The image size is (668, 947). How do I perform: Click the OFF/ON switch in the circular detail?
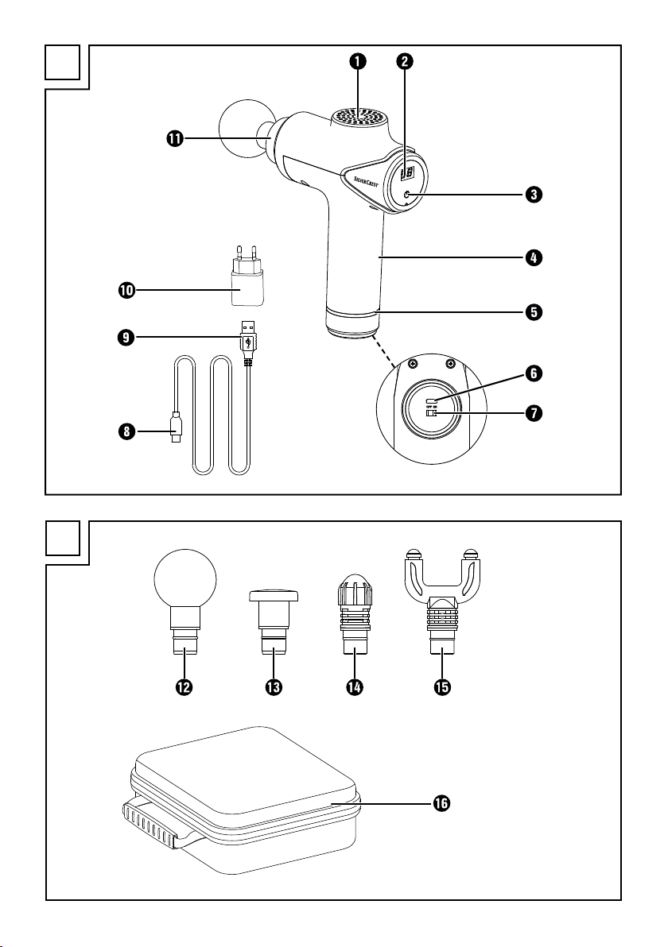tap(432, 412)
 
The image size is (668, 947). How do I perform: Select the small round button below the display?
tap(406, 195)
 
